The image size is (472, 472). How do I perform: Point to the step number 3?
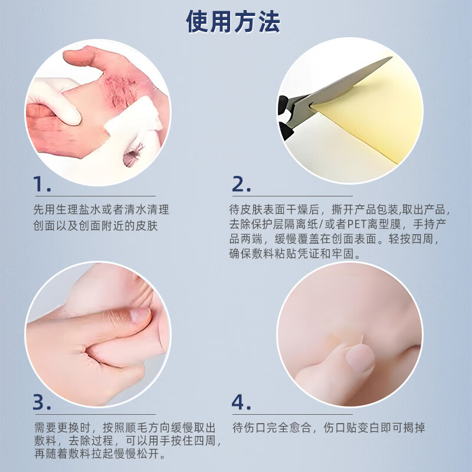(42, 402)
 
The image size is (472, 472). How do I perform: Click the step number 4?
(241, 402)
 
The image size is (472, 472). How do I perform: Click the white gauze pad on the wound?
(145, 121)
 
